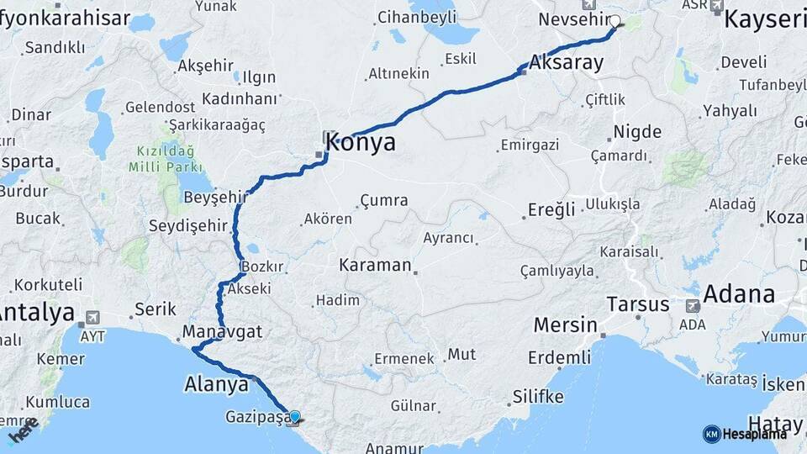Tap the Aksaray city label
point(567,62)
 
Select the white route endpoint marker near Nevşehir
point(614,21)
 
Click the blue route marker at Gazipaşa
point(294,416)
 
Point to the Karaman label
point(375,266)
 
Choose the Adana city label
point(738,294)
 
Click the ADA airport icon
point(693,306)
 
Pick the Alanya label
point(216,384)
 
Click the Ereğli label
point(551,209)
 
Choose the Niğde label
point(637,132)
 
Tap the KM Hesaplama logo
point(745,434)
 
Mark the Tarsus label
point(638,304)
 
